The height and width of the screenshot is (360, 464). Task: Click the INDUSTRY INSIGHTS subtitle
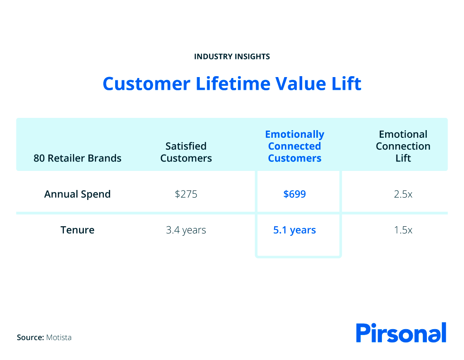(232, 57)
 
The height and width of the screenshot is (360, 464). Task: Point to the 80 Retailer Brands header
(77, 158)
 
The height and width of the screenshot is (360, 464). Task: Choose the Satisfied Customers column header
(186, 152)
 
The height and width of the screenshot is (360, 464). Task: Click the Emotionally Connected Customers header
(295, 146)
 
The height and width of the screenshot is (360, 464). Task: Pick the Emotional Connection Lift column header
(403, 146)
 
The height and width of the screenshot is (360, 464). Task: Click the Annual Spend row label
(77, 194)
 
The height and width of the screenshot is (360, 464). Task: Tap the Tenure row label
(77, 230)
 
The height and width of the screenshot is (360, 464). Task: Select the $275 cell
(186, 194)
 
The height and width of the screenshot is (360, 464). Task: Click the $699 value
(295, 194)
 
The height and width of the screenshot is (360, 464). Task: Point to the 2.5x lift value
(403, 194)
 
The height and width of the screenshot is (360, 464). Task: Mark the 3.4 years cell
(186, 230)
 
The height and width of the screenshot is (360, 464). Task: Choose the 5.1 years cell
(295, 230)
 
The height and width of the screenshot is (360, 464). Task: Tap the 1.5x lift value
(403, 230)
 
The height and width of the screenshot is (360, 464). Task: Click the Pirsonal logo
(401, 333)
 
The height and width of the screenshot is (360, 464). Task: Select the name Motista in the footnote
(59, 337)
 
